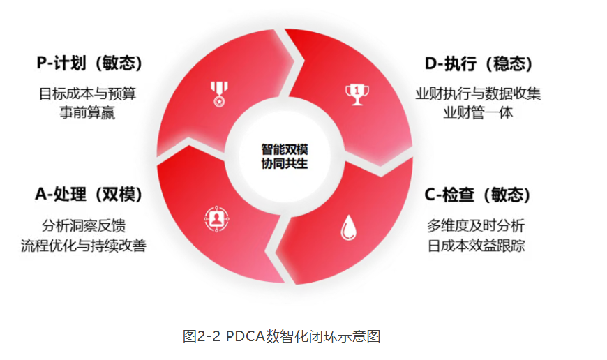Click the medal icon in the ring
tap(219, 94)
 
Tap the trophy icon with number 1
tap(357, 94)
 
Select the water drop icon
tap(348, 227)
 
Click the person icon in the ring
tap(216, 219)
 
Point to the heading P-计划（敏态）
tap(90, 63)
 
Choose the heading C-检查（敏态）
tap(478, 195)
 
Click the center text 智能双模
tap(285, 149)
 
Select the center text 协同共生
tap(285, 163)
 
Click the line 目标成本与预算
tap(87, 93)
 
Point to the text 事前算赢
tap(87, 112)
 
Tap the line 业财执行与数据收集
tap(478, 93)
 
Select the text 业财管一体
tap(478, 112)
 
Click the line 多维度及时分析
tap(476, 225)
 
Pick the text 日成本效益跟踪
tap(476, 246)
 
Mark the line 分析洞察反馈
tap(84, 225)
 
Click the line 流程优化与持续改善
tap(84, 246)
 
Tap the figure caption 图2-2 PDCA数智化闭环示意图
tap(281, 336)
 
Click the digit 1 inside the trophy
tap(357, 91)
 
